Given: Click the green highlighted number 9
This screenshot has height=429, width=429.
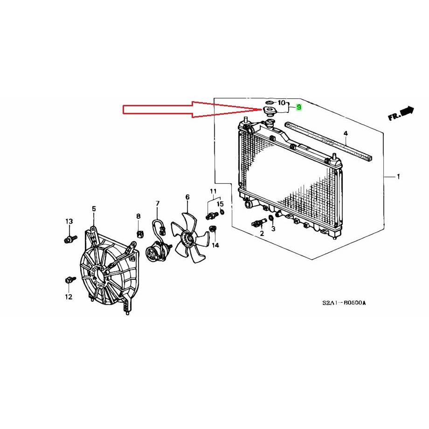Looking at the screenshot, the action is pyautogui.click(x=298, y=107).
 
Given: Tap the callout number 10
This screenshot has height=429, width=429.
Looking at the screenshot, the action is pyautogui.click(x=282, y=103).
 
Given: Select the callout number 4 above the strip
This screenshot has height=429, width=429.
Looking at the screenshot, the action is pyautogui.click(x=346, y=133).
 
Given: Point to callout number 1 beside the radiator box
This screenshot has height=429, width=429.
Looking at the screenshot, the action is pyautogui.click(x=398, y=177).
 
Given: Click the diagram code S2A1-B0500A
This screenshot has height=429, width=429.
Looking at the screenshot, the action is pyautogui.click(x=344, y=303).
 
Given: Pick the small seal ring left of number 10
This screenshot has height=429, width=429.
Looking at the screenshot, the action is pyautogui.click(x=270, y=102).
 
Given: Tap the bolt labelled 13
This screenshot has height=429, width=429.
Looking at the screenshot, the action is pyautogui.click(x=70, y=239).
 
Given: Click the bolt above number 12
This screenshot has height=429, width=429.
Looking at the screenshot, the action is pyautogui.click(x=70, y=280).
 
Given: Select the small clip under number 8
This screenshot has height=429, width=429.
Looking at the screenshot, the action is pyautogui.click(x=140, y=234).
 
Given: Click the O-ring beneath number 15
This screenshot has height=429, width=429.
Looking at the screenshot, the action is pyautogui.click(x=222, y=212).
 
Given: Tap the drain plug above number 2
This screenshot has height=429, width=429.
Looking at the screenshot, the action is pyautogui.click(x=259, y=222).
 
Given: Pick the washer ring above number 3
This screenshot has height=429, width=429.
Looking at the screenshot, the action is pyautogui.click(x=271, y=218).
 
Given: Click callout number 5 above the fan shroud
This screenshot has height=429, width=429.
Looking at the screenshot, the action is pyautogui.click(x=94, y=209).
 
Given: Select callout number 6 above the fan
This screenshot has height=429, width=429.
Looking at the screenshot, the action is pyautogui.click(x=187, y=197).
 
